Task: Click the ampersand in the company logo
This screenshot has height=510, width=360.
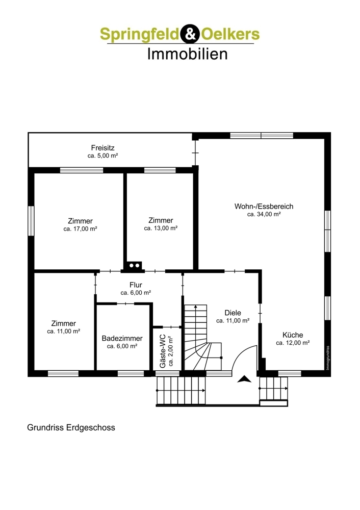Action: click(x=190, y=34)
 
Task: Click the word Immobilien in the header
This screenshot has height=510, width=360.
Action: click(x=187, y=54)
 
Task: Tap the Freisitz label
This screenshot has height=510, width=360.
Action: click(x=103, y=148)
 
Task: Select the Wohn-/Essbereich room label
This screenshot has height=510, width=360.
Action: click(x=264, y=206)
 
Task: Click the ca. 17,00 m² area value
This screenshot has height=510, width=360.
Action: click(x=81, y=228)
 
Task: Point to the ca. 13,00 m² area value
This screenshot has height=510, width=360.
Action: click(x=161, y=228)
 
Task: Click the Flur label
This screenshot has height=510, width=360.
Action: click(x=136, y=285)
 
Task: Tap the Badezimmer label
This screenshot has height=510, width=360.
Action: click(x=122, y=338)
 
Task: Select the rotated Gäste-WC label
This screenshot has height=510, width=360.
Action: click(x=163, y=351)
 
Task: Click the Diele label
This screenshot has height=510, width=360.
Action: click(x=233, y=313)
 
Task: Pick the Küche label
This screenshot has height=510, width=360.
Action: click(x=293, y=335)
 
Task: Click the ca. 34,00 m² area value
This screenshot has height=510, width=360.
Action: click(x=264, y=214)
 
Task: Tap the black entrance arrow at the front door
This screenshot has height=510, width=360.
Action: click(x=244, y=379)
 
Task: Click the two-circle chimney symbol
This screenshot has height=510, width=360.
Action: click(x=134, y=266)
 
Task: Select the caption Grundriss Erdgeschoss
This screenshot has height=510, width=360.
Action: click(x=71, y=427)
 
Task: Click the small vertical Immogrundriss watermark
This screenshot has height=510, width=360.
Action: click(x=327, y=358)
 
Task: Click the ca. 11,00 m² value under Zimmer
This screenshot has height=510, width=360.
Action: click(x=64, y=331)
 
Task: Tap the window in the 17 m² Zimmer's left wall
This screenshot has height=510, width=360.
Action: click(x=31, y=221)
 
